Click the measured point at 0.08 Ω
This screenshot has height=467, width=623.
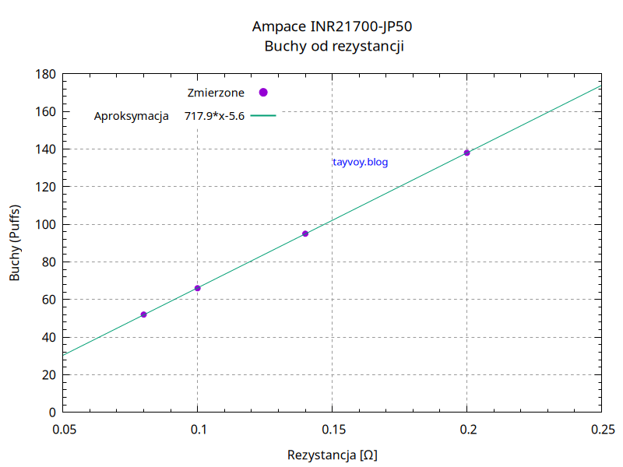(x=144, y=314)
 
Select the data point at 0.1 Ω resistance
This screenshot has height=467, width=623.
(x=198, y=288)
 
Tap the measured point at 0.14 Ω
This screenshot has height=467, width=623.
(x=305, y=233)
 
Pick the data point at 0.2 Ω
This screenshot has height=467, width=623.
(x=467, y=153)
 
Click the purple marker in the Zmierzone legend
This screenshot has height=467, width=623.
(x=263, y=93)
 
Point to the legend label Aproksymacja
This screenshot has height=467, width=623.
(x=132, y=117)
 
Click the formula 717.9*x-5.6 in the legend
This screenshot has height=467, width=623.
(x=215, y=117)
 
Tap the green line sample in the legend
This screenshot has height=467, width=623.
(x=263, y=116)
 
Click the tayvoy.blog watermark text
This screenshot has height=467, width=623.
(x=360, y=163)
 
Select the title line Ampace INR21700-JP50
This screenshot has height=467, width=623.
(x=333, y=26)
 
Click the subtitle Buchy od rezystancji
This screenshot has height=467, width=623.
(x=333, y=46)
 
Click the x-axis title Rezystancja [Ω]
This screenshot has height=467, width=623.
(x=333, y=455)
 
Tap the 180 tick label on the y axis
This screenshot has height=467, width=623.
(x=46, y=75)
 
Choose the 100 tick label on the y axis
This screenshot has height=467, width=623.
(x=46, y=225)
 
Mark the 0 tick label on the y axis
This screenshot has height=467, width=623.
(x=52, y=413)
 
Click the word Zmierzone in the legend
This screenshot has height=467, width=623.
(x=216, y=93)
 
